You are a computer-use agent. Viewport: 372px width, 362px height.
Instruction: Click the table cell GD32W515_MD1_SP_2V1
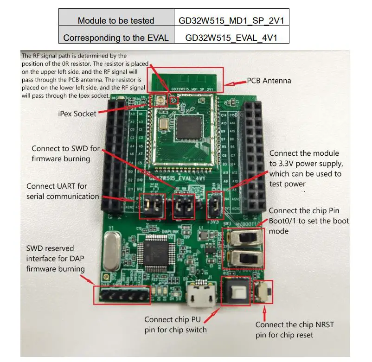click(x=231, y=21)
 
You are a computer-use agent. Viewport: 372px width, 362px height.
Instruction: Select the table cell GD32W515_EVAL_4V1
click(x=231, y=37)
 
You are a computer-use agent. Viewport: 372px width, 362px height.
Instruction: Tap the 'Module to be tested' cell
click(x=116, y=21)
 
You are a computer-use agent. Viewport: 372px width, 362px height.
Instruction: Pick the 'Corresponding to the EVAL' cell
click(x=116, y=37)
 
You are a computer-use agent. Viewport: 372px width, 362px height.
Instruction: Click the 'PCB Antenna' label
click(x=269, y=81)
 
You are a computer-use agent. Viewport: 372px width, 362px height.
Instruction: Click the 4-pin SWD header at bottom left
click(x=122, y=295)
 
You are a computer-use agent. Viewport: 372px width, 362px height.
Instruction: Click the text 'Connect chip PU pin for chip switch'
click(x=175, y=324)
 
